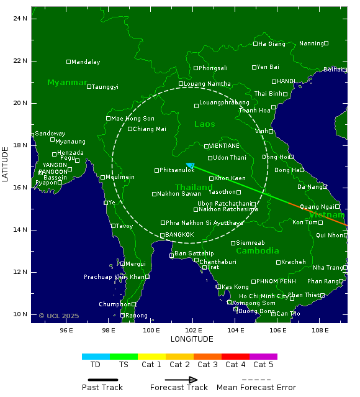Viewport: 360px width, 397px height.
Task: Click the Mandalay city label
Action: tap(86, 62)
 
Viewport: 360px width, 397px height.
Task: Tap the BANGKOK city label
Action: tap(179, 234)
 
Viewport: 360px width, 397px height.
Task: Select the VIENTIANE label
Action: tap(224, 146)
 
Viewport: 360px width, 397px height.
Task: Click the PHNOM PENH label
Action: tap(276, 281)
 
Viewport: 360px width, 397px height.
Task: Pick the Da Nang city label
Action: tap(310, 187)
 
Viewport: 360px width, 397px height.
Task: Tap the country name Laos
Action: tap(204, 124)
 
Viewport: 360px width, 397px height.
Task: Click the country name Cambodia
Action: tap(258, 251)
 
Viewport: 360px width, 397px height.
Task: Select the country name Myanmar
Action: tap(67, 83)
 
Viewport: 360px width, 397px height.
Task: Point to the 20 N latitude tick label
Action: tap(21, 103)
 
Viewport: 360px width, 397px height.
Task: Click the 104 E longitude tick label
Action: tap(236, 330)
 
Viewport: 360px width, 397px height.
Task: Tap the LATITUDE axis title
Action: tap(6, 164)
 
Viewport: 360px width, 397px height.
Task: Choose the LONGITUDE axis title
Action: tap(192, 339)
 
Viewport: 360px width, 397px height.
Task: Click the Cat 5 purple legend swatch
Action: tap(263, 357)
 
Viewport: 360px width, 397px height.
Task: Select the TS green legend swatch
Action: tap(124, 357)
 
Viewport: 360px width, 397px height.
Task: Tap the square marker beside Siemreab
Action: tap(233, 243)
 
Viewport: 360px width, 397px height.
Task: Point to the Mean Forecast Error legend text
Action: tap(256, 388)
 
